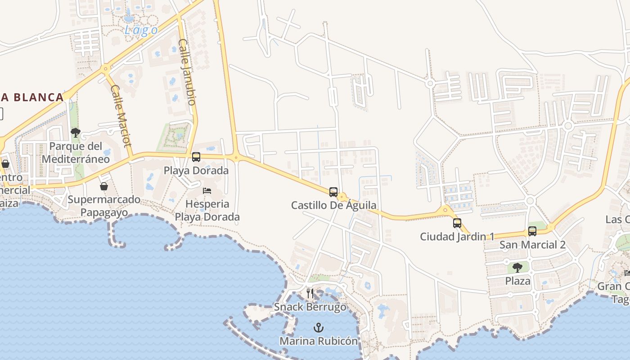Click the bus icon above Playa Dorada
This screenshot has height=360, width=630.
click(x=196, y=157)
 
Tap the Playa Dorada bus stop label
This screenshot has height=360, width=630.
click(x=196, y=171)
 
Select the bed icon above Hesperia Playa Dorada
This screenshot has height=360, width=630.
click(x=207, y=191)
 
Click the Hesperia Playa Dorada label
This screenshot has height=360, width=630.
click(x=207, y=210)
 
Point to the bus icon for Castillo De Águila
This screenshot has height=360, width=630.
click(x=333, y=192)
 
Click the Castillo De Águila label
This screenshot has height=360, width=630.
click(x=333, y=206)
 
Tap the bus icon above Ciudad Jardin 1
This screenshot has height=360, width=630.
click(x=457, y=223)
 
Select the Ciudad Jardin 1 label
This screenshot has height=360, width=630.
click(x=457, y=236)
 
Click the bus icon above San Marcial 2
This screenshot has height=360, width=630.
click(x=532, y=231)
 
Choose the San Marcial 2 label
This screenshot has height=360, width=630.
click(x=532, y=245)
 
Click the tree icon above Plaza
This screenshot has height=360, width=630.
click(x=517, y=268)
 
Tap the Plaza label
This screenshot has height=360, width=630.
click(x=517, y=281)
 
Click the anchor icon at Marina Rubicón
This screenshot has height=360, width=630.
click(x=319, y=328)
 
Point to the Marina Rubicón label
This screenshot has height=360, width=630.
click(x=319, y=341)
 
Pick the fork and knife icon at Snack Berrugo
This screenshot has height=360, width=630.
click(x=310, y=293)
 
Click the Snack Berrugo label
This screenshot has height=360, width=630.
click(x=310, y=307)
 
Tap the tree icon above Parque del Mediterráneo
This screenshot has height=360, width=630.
click(x=76, y=133)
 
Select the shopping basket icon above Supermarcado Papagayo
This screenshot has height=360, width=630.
click(x=104, y=186)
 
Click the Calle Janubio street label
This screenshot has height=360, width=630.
click(x=187, y=72)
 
